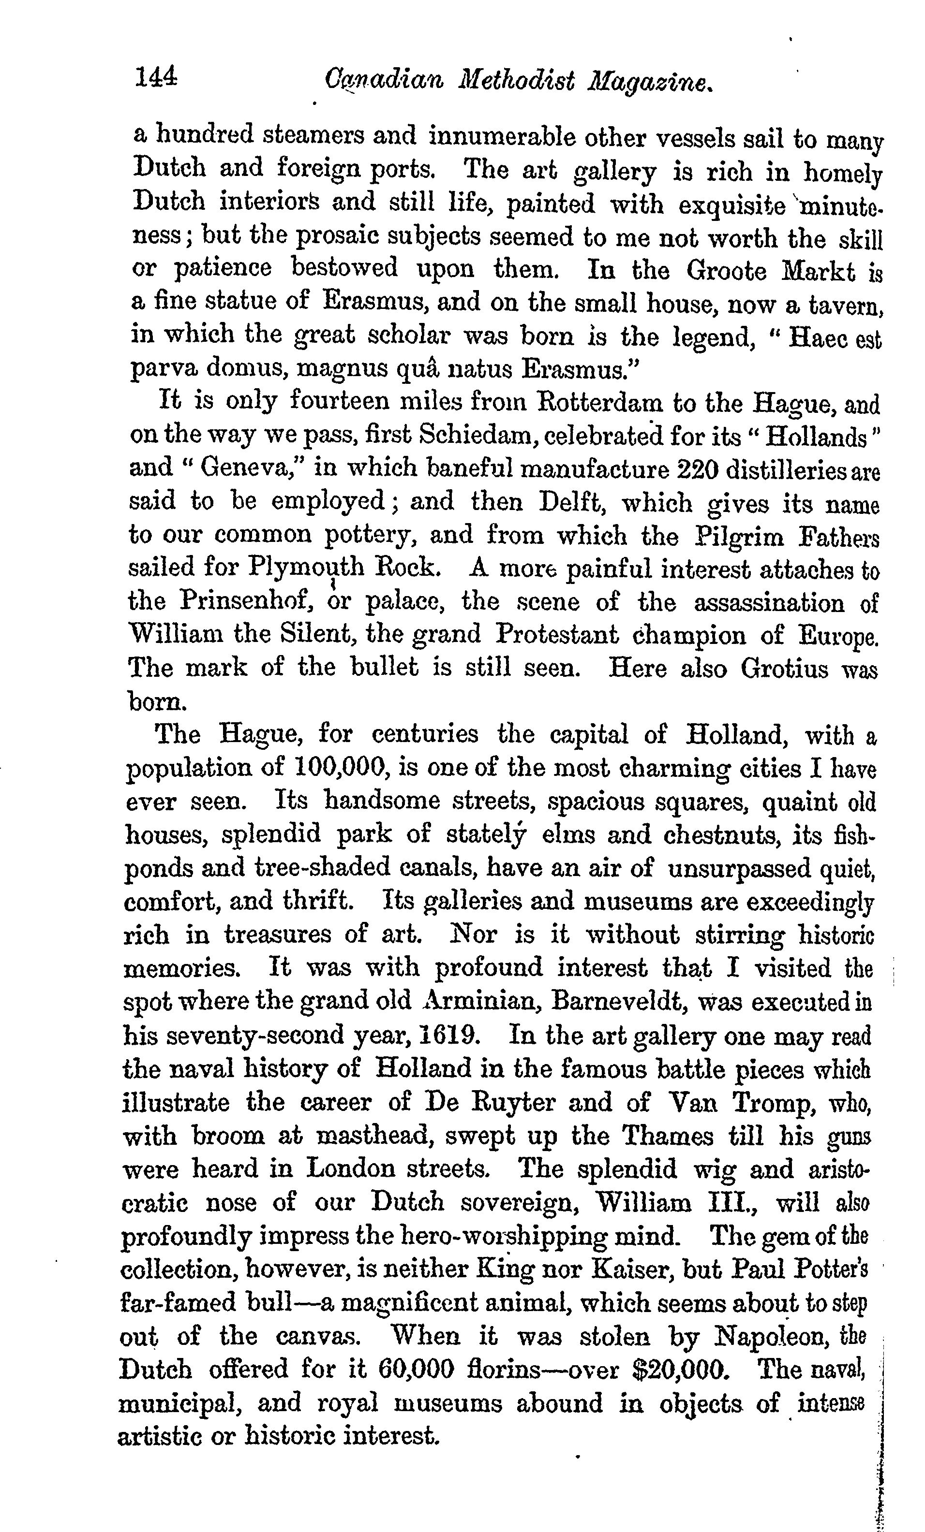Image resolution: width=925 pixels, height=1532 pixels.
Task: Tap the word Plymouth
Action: [305, 567]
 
